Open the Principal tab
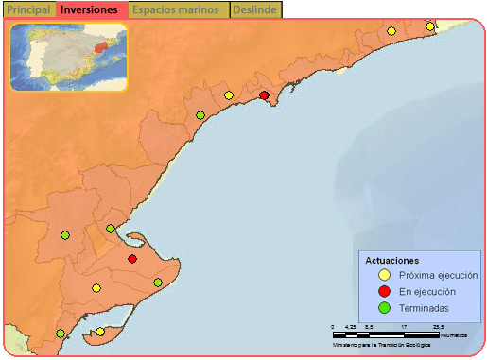[27, 9]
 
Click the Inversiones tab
[90, 9]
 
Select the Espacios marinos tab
[179, 9]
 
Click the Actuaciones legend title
[392, 260]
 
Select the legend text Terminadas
[424, 308]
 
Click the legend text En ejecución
[426, 292]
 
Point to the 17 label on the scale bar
[404, 327]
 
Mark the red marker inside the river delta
[132, 259]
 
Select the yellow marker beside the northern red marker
[229, 94]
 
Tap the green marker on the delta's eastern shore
[158, 283]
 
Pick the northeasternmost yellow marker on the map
[430, 26]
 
